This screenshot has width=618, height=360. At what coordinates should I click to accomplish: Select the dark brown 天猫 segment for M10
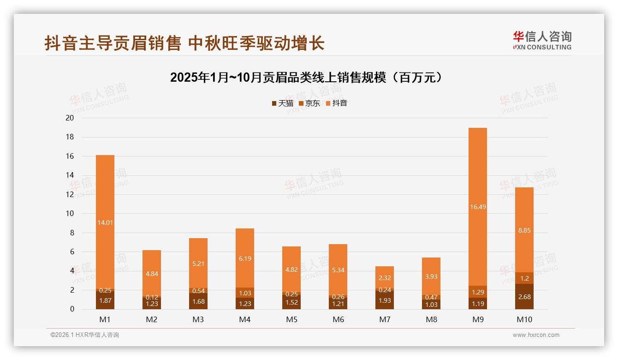point(524,297)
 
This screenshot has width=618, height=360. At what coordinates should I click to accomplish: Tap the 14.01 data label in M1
point(105,222)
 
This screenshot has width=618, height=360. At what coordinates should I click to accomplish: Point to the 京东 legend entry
point(309,103)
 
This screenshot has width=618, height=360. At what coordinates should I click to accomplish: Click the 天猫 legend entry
point(282,103)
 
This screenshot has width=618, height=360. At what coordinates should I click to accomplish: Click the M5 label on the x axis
point(291,319)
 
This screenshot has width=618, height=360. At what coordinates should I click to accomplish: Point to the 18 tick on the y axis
point(70,137)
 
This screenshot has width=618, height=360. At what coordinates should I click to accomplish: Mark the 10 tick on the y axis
point(70,213)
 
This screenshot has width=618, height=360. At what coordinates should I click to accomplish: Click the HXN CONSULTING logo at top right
point(542,41)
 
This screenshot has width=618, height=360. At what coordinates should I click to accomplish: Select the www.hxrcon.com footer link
point(536,335)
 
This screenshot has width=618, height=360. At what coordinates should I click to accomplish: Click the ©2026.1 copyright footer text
point(85,335)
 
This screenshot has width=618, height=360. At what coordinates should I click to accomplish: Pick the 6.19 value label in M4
point(245,259)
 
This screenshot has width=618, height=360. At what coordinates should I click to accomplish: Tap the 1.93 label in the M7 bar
point(385,300)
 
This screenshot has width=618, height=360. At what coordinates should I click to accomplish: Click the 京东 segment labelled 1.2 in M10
point(524,278)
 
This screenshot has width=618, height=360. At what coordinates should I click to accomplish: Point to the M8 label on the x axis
point(431,319)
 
